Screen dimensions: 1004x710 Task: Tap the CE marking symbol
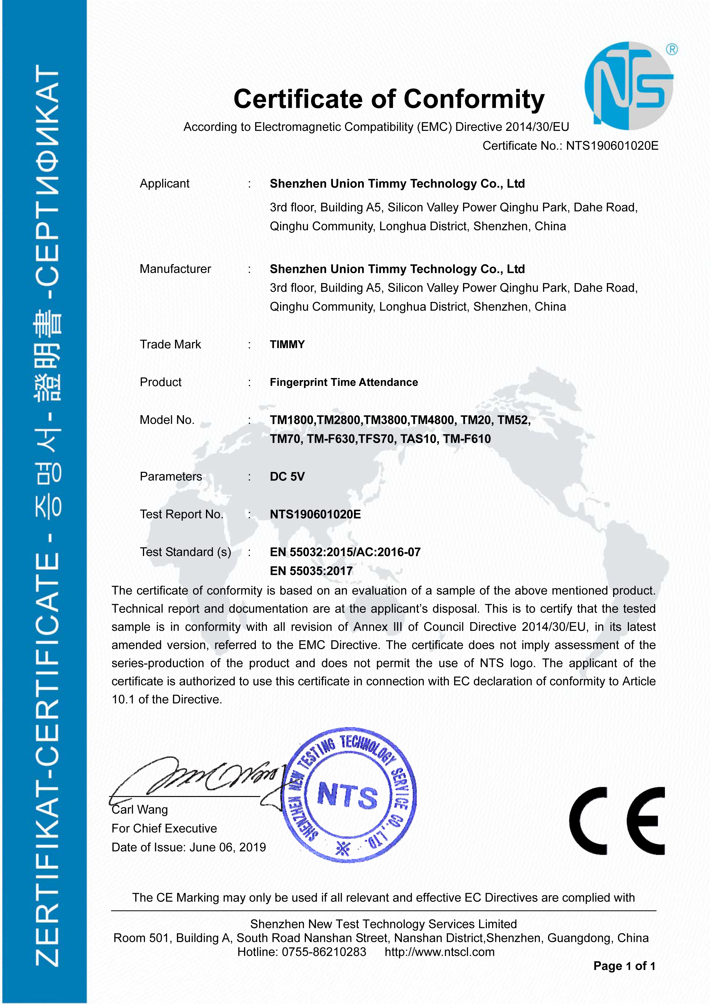coord(617,821)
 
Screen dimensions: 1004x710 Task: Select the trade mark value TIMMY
coord(287,345)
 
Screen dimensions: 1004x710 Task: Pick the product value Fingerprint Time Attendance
coord(344,382)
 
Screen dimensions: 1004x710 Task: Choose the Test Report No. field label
coord(181,514)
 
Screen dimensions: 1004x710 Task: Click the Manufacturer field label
coord(175,269)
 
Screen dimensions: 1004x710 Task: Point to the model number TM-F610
coord(467,439)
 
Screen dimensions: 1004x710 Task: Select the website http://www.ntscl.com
coord(439,952)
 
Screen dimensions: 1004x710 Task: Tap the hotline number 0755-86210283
coord(324,952)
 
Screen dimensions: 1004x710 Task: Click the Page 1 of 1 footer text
coord(624,966)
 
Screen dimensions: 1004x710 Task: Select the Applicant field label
coord(164,184)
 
